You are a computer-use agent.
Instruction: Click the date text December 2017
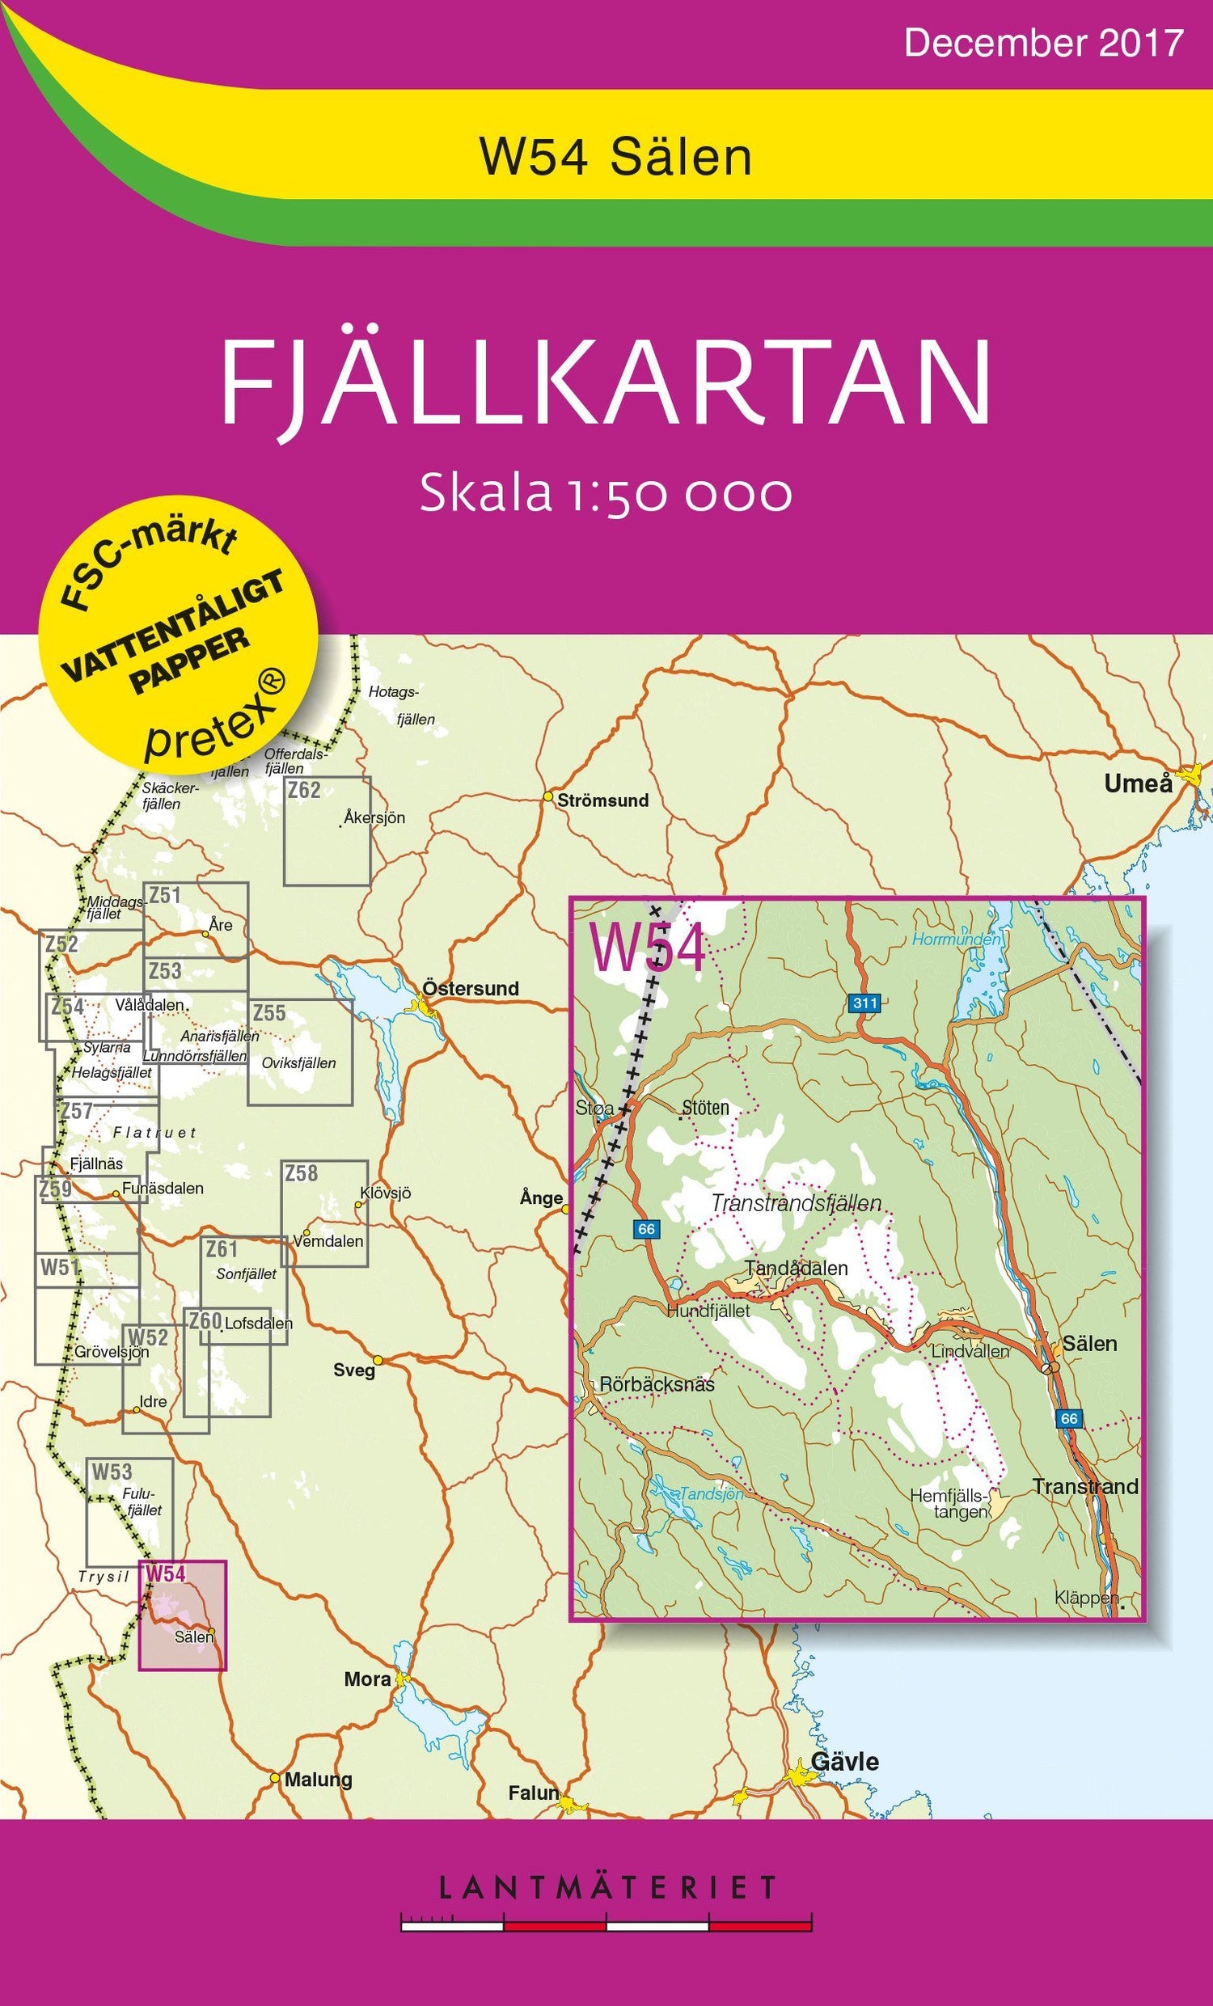point(1043,42)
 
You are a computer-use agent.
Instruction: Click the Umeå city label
point(1137,784)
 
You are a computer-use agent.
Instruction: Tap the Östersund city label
point(470,988)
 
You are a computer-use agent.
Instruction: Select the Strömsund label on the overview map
point(602,800)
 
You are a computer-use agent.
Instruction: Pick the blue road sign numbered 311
point(864,1003)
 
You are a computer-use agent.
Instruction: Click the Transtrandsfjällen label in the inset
point(796,1202)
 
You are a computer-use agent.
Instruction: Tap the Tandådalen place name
point(796,1268)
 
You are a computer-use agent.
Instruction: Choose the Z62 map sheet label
point(304,790)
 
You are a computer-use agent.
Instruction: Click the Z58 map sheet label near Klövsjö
point(301,1173)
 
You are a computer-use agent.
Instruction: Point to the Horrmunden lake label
point(955,940)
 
